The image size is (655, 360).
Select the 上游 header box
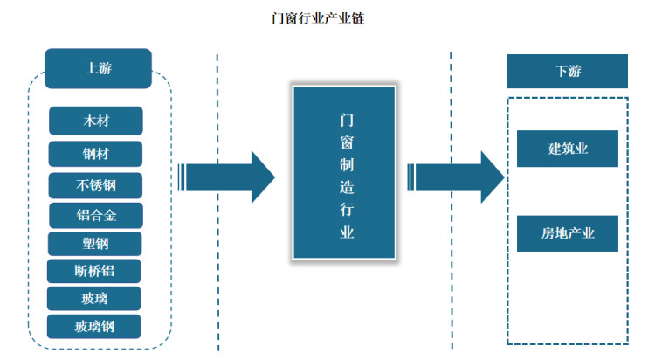[99, 68]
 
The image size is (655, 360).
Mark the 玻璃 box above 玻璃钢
[93, 299]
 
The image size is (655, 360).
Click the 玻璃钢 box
[94, 327]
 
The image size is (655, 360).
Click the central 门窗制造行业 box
[343, 175]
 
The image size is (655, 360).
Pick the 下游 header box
[568, 72]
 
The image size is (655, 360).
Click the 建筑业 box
[568, 149]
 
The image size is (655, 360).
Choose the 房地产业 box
[568, 232]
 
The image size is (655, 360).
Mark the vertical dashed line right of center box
[452, 262]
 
